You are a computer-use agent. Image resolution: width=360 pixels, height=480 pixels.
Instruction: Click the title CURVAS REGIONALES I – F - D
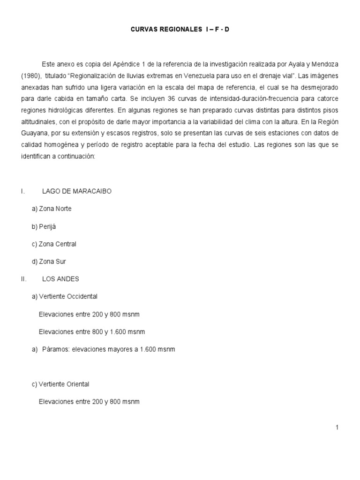pos(180,30)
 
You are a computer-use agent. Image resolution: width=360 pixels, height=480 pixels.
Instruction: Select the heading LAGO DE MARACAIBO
pos(77,191)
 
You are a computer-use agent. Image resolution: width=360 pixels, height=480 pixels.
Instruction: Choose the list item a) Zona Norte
pos(52,209)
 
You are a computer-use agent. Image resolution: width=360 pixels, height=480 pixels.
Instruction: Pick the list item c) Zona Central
pos(54,244)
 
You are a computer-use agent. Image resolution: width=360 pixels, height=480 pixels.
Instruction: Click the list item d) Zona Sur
pos(49,262)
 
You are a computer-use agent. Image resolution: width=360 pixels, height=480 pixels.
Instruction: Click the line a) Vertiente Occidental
pos(65,296)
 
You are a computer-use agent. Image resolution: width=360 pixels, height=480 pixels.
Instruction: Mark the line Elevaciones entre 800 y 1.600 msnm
pos(92,332)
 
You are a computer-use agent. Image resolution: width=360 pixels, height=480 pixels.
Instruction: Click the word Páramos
pos(55,349)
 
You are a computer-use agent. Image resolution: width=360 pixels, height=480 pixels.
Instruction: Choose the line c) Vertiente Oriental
pos(60,384)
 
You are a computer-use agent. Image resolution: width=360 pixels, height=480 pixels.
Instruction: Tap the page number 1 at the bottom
pos(337,427)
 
